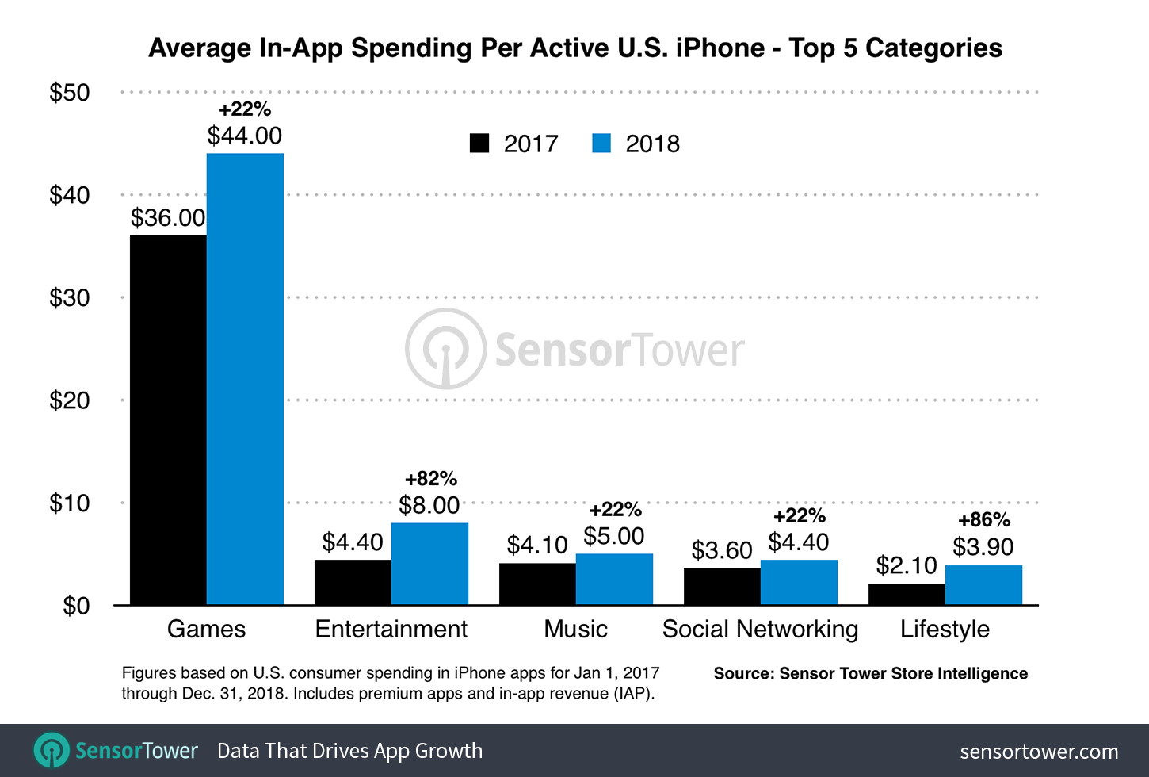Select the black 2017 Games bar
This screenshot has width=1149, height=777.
[x=168, y=420]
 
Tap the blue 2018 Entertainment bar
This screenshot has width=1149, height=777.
[x=429, y=564]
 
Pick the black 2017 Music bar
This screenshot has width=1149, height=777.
[x=537, y=584]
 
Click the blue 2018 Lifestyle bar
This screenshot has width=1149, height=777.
[x=983, y=585]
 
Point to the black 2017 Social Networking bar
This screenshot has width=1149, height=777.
[x=722, y=587]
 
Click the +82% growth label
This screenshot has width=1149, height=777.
[x=431, y=479]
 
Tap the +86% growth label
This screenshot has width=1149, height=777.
[x=984, y=520]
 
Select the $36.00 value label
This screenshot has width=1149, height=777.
[x=168, y=218]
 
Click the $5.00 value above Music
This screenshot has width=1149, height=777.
[x=614, y=536]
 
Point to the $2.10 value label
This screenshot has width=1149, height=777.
[x=907, y=565]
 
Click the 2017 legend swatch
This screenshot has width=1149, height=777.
[x=479, y=144]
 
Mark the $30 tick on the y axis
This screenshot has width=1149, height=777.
[x=70, y=298]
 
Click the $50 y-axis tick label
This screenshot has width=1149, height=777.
[x=70, y=93]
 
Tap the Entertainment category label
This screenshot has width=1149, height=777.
[x=391, y=629]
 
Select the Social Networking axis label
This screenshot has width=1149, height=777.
[x=760, y=629]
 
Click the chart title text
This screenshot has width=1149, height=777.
[x=575, y=48]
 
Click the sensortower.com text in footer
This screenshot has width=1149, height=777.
[x=1039, y=751]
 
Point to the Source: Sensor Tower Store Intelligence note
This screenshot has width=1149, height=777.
[x=870, y=673]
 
